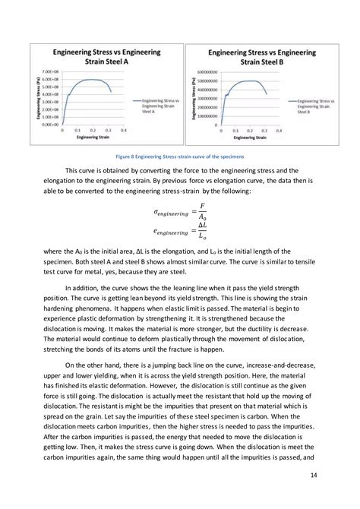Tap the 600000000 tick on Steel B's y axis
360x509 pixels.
coord(207,73)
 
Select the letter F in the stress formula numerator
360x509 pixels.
coord(202,206)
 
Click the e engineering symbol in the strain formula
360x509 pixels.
coord(164,233)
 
